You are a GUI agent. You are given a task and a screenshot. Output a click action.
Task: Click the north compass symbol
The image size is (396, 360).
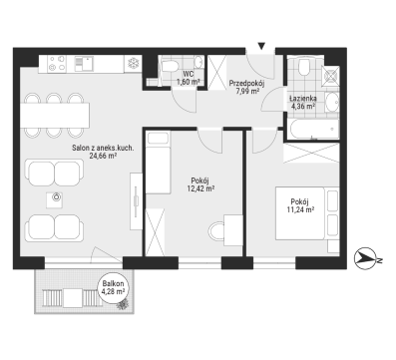click(x=366, y=258)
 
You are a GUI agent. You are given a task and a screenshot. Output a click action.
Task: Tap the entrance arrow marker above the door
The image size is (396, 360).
click(x=261, y=46)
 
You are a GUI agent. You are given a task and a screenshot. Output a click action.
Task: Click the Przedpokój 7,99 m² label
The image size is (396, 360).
click(x=247, y=88)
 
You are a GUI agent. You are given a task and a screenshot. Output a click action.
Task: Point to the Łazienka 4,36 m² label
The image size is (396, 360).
click(x=302, y=103)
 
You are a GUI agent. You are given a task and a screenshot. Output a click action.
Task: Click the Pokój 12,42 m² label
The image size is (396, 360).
click(x=199, y=184)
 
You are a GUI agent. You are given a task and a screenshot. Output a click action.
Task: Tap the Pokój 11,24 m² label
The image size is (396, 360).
click(x=300, y=205)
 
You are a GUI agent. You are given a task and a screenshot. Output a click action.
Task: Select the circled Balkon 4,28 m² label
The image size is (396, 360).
click(x=114, y=287)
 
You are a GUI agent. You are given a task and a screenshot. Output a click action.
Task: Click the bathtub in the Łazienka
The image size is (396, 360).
click(x=313, y=130)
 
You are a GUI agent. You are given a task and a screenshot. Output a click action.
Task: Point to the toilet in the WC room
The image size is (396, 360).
click(x=170, y=66)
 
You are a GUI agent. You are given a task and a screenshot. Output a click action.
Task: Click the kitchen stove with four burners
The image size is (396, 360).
click(x=57, y=64)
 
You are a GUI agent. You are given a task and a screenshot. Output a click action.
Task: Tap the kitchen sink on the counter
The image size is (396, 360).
click(x=84, y=63)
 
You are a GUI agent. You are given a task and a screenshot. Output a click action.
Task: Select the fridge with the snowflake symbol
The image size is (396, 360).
click(x=133, y=64)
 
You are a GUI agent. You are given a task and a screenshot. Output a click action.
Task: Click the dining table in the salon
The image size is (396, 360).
click(x=55, y=115)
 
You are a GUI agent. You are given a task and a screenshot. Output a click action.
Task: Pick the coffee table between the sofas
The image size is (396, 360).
click(x=55, y=199)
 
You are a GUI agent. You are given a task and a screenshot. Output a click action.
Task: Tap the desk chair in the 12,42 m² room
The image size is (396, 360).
click(x=216, y=230)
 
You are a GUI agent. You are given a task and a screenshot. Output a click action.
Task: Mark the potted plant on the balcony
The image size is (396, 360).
click(x=123, y=304)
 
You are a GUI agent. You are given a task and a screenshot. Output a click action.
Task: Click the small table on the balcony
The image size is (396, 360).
click(x=73, y=298)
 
